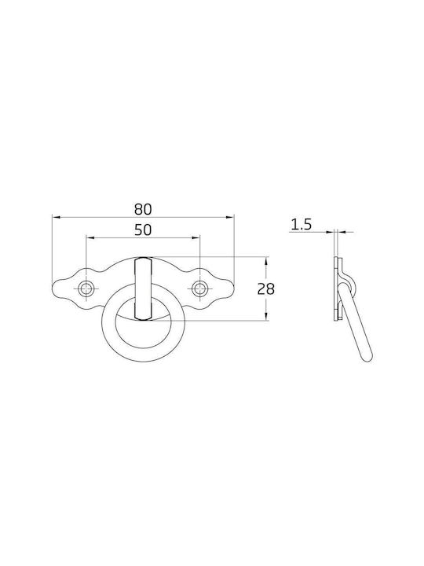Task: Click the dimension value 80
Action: coord(143,209)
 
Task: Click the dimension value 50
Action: coord(143,230)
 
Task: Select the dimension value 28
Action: coord(266,289)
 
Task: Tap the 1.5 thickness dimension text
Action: coord(301,225)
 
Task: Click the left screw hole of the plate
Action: coord(86,289)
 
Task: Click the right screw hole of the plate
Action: coord(199,289)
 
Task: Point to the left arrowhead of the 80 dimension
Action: coord(57,217)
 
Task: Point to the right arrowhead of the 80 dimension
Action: coord(230,217)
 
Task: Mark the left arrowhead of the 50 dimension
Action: coord(90,237)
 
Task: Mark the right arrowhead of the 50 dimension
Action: coord(196,237)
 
